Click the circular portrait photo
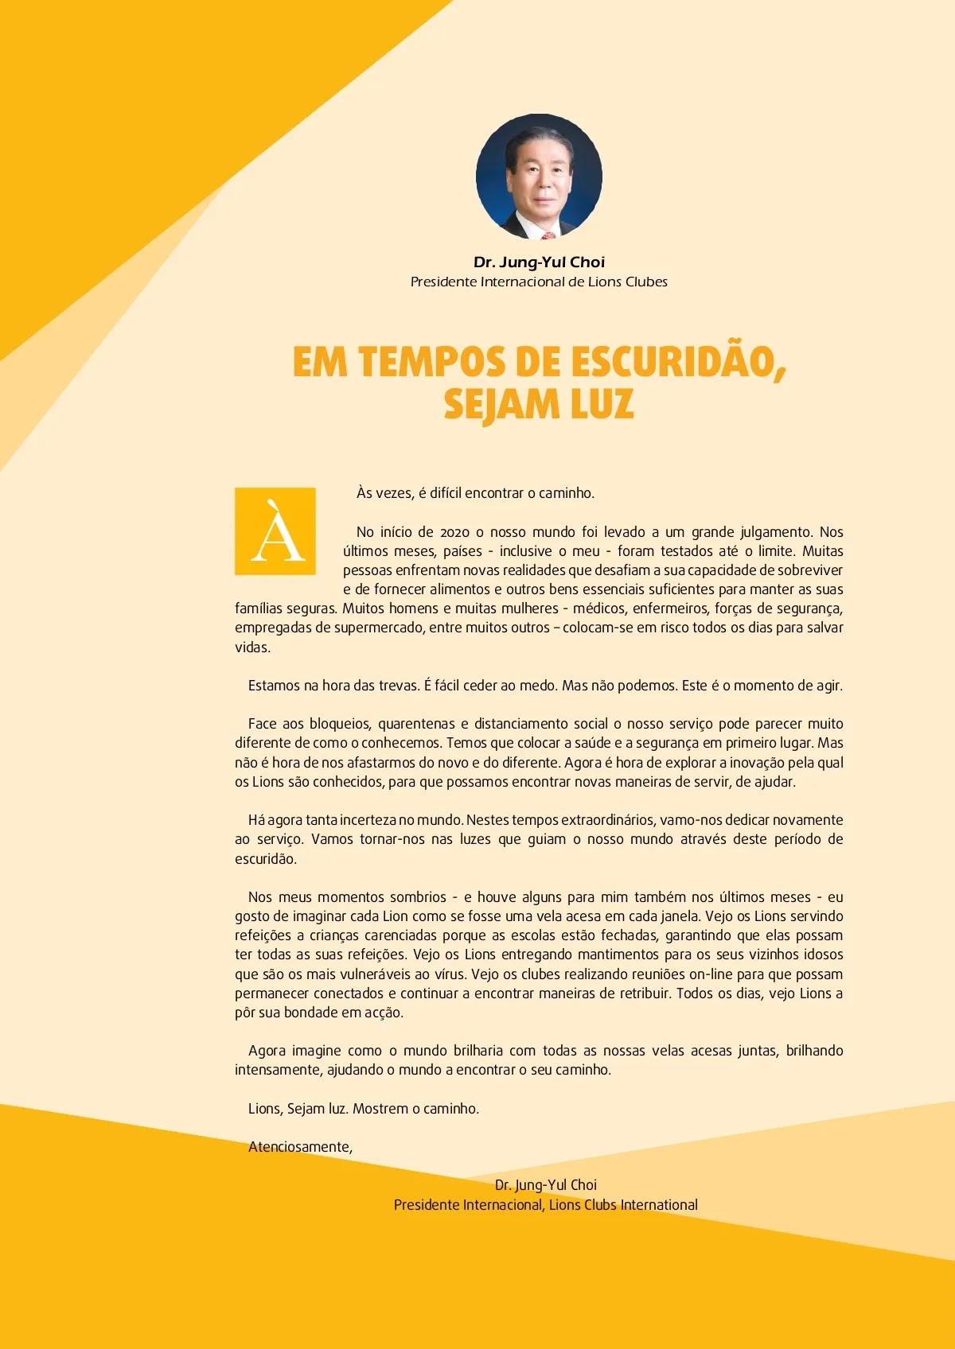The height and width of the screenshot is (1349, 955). (x=539, y=176)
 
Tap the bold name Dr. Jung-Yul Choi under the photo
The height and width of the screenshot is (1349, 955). (x=539, y=262)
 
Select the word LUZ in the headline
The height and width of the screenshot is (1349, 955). (x=602, y=404)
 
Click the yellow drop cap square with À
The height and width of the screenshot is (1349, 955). (x=275, y=531)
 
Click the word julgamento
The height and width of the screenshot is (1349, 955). (x=776, y=532)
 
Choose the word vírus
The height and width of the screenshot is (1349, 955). (x=450, y=974)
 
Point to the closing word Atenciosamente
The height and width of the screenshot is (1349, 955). (x=300, y=1147)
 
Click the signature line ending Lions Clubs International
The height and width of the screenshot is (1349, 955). (x=545, y=1205)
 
